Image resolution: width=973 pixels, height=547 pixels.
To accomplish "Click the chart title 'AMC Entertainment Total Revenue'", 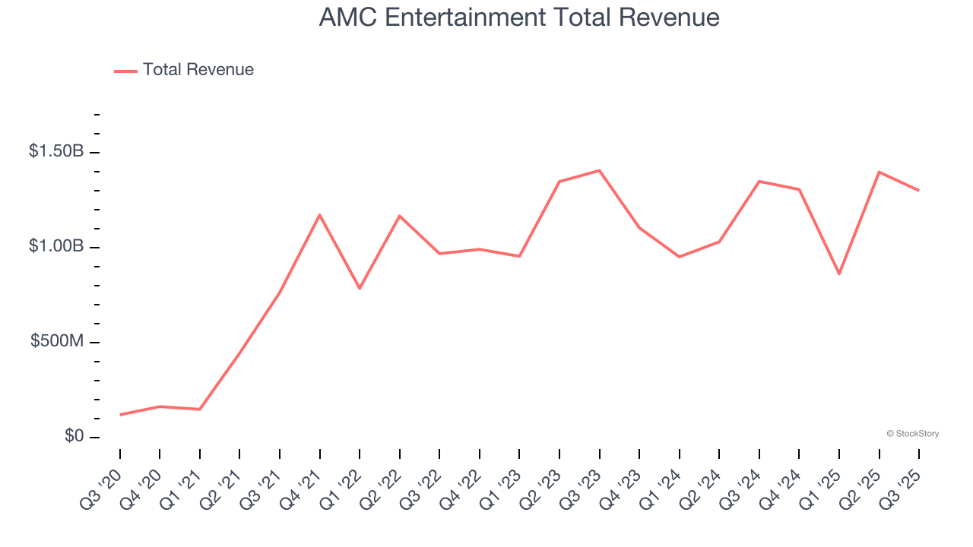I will coord(519,17).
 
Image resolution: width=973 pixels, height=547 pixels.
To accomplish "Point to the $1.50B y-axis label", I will coord(56,151).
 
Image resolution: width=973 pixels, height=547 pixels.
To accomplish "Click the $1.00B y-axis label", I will coord(56,246).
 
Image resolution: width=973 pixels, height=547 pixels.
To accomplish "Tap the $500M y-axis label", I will coord(57,341).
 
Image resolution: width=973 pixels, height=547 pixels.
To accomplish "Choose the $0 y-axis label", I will coord(74,436).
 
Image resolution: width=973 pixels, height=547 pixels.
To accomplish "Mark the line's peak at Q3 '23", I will coord(600,170).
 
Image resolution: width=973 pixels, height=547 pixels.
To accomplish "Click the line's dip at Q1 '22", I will coord(360,289).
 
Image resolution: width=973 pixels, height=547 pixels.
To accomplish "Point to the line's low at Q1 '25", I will coord(839,274).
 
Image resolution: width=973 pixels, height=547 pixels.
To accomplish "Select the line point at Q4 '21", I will coord(320,215).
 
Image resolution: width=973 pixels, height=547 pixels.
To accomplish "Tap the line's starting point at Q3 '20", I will coord(120,415).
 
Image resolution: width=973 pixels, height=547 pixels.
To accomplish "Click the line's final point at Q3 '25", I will coord(919,191).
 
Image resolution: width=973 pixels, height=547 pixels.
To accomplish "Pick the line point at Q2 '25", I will coord(880,172).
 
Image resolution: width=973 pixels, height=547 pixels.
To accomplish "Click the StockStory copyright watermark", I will coord(912,434).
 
